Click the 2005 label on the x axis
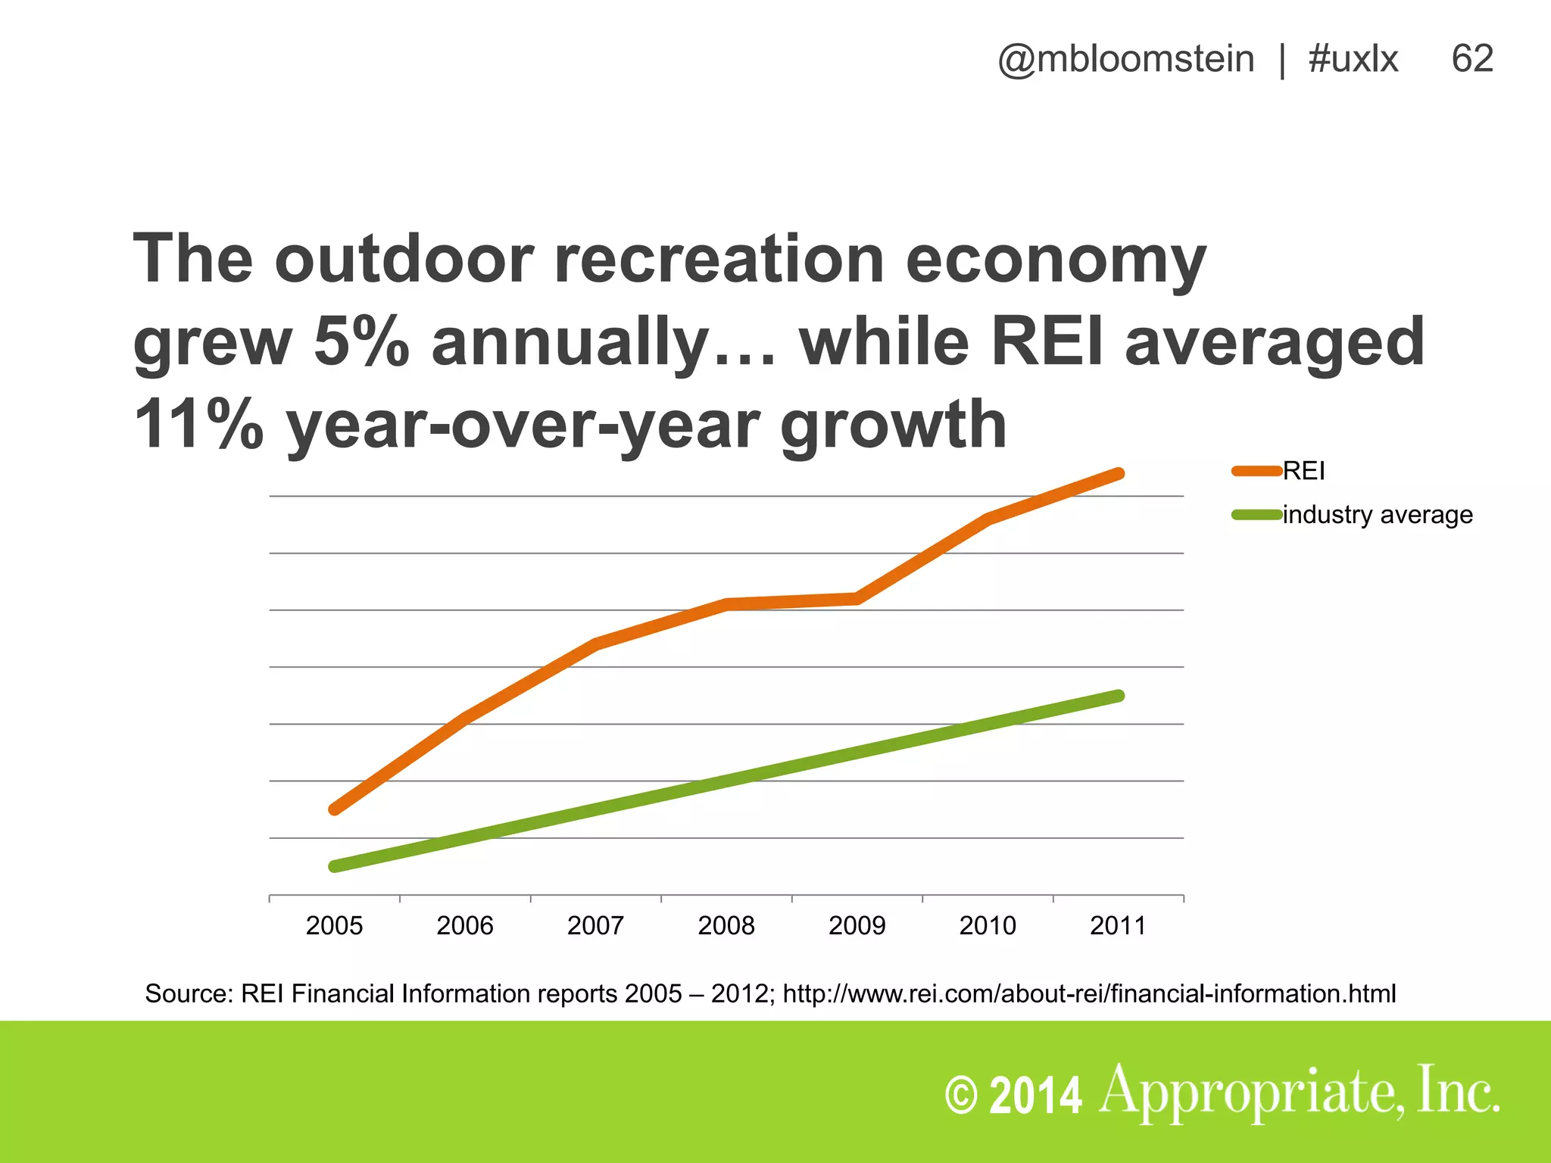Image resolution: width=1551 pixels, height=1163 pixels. tap(334, 925)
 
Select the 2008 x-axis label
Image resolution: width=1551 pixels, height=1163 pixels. tap(726, 925)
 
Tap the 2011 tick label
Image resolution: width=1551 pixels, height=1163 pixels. tap(1118, 925)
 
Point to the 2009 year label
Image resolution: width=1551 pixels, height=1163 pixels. tap(857, 925)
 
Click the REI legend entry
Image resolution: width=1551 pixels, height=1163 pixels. tap(1303, 471)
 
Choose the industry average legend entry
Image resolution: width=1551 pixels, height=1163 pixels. tap(1378, 515)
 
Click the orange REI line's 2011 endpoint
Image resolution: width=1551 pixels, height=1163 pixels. tap(1119, 474)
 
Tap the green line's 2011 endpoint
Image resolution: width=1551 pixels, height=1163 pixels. tap(1119, 696)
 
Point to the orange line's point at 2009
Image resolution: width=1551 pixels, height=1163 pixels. tap(857, 599)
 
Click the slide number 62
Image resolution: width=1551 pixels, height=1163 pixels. tap(1471, 59)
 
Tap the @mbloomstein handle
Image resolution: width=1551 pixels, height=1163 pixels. tap(1125, 59)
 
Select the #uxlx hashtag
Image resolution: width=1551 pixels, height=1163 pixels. tap(1353, 59)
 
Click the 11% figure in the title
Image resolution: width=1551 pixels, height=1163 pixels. tap(198, 424)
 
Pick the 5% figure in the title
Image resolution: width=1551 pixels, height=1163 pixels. tap(360, 341)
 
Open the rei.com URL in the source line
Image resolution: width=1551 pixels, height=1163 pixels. tap(1089, 993)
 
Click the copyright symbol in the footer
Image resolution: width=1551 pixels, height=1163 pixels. tap(961, 1096)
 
